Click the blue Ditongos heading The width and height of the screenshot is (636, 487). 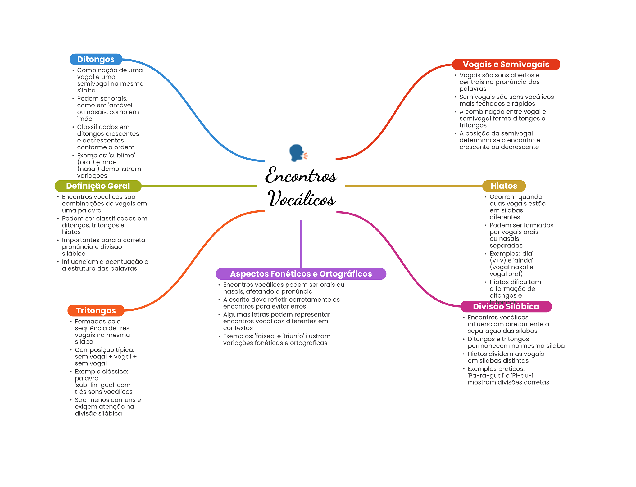click(x=96, y=59)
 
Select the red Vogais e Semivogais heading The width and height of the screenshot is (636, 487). click(x=506, y=64)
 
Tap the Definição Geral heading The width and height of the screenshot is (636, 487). click(x=98, y=186)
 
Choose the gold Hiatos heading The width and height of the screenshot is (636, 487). click(x=504, y=186)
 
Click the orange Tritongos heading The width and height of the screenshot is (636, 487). click(x=96, y=311)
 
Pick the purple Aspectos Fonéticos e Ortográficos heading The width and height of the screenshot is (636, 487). click(x=301, y=274)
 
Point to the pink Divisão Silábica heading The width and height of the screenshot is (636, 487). click(x=506, y=306)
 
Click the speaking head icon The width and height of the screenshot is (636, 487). click(x=298, y=153)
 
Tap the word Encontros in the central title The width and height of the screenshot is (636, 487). click(x=301, y=175)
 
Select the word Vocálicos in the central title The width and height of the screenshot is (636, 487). click(x=301, y=199)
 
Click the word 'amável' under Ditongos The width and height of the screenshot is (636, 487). click(x=121, y=105)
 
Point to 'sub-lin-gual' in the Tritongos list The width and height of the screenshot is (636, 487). click(x=95, y=385)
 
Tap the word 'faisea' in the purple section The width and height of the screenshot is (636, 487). click(x=265, y=336)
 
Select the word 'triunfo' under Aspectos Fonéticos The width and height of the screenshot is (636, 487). click(x=293, y=336)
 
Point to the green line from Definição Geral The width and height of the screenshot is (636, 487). click(x=199, y=186)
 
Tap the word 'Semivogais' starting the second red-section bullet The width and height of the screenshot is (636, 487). click(x=476, y=97)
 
